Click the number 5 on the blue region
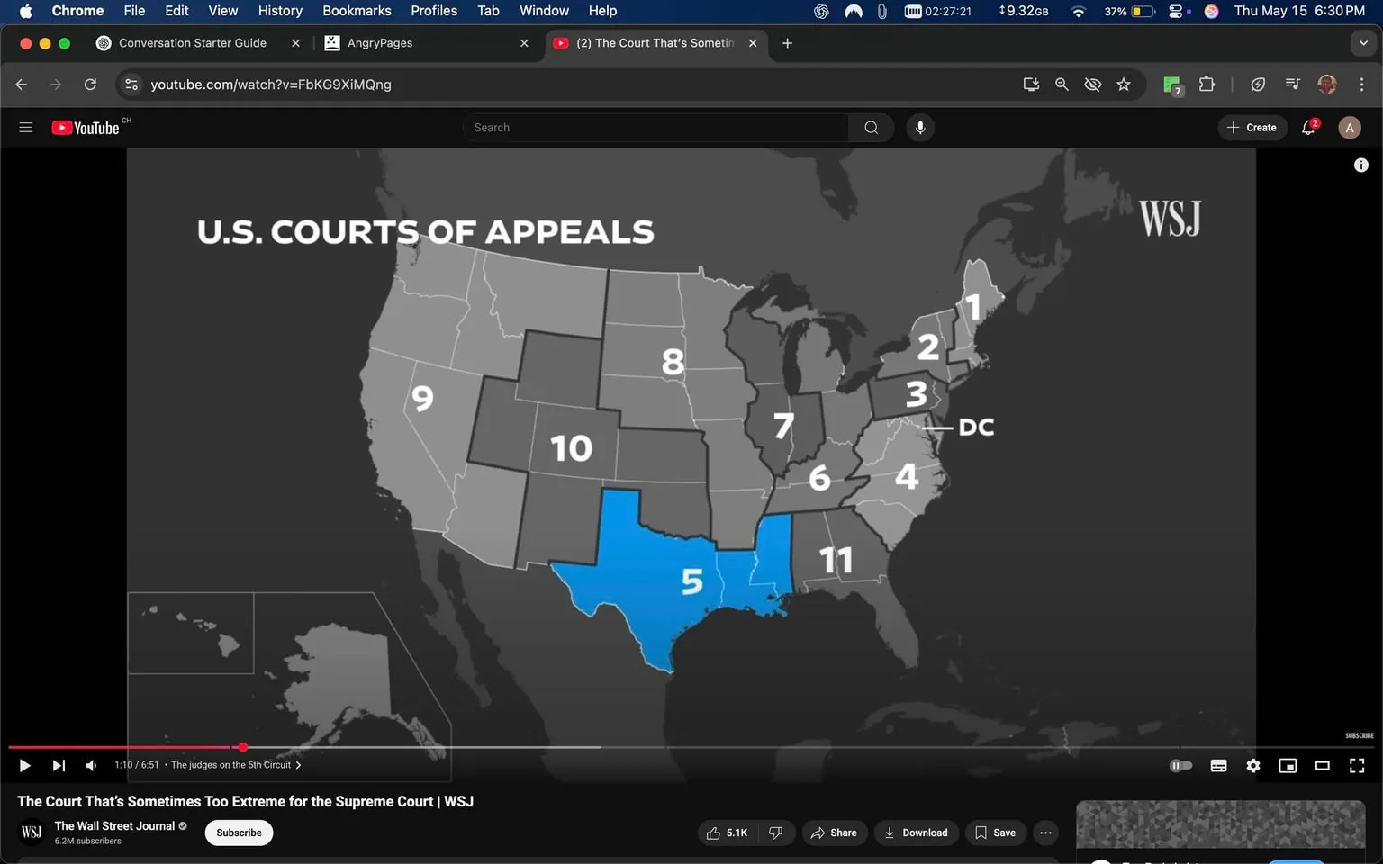pos(691,581)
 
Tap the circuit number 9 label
pos(422,398)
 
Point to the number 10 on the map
pos(571,448)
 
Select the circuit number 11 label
pos(836,560)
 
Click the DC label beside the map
pos(976,427)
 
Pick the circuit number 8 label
pos(673,362)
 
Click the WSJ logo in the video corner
pos(1170,219)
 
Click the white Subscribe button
pos(239,832)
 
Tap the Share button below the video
pos(834,832)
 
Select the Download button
pos(916,832)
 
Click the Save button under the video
pos(995,832)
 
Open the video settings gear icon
pos(1252,766)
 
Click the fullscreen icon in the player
pos(1357,766)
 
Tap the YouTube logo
pos(86,128)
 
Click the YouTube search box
pos(655,128)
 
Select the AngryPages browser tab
pos(380,43)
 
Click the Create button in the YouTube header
pos(1252,128)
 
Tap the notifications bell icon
pos(1308,128)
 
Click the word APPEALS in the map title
pos(569,232)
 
